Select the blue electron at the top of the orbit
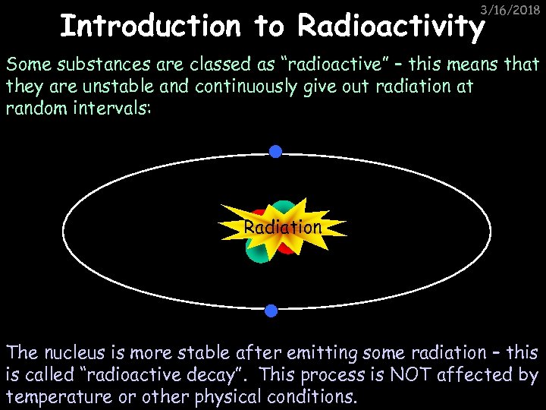pos(276,152)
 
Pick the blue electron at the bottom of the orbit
pos(271,310)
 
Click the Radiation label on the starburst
pos(283,227)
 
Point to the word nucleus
pos(76,352)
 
